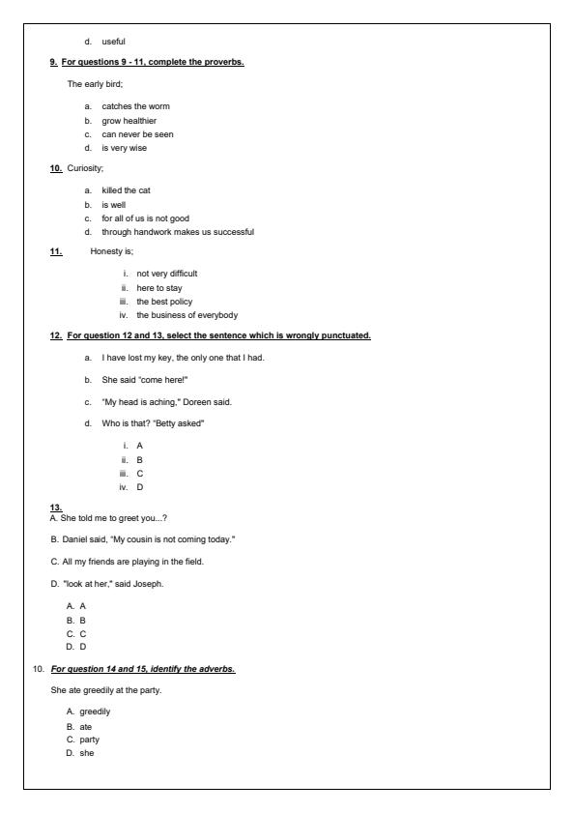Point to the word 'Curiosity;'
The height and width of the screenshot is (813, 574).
(84, 168)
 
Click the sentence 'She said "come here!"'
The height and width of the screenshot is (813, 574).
(144, 379)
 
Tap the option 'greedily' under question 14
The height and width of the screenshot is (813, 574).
(95, 711)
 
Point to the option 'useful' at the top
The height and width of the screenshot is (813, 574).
(114, 41)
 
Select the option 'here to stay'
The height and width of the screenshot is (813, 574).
(159, 287)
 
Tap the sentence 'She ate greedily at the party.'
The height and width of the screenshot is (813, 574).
(105, 690)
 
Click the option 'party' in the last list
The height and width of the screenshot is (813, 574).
(90, 739)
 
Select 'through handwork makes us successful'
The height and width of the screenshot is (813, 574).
(178, 231)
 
